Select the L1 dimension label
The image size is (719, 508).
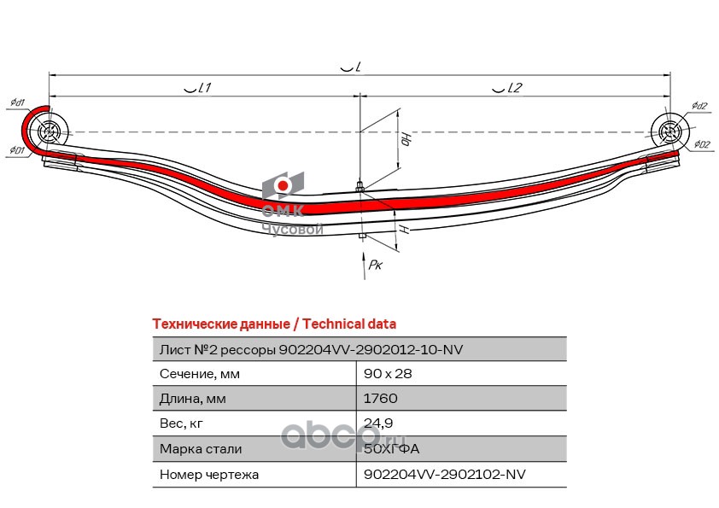click(198, 88)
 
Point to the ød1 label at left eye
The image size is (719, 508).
click(17, 102)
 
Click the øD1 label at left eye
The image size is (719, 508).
click(16, 151)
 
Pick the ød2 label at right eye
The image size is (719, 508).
click(699, 106)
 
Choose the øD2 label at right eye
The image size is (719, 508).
click(702, 144)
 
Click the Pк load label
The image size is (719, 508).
click(375, 266)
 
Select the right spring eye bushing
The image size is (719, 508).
click(669, 132)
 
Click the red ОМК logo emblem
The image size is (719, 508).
click(282, 186)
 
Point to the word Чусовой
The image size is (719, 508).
click(291, 230)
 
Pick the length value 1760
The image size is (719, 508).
click(380, 399)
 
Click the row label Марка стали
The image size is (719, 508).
click(201, 448)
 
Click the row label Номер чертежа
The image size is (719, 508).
click(209, 474)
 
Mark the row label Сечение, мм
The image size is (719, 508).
click(200, 374)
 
